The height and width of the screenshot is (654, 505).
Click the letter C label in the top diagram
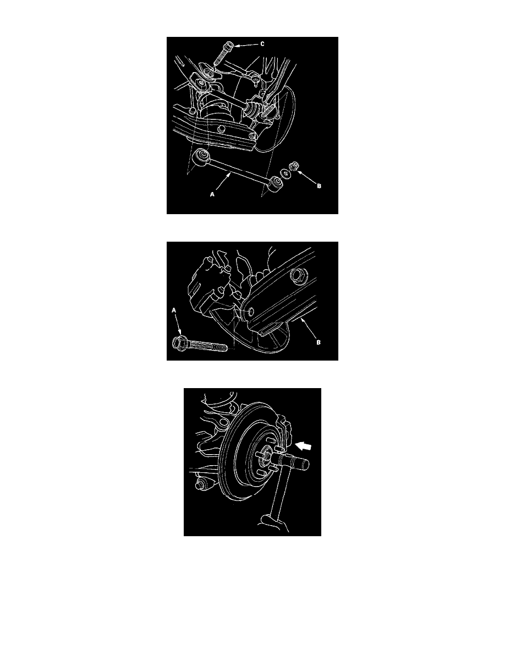[x=262, y=44]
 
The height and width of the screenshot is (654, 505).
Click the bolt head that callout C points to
[x=229, y=46]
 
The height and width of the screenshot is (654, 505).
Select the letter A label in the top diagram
[x=212, y=194]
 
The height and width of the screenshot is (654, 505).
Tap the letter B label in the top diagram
[x=319, y=186]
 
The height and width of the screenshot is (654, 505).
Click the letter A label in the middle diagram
[x=174, y=310]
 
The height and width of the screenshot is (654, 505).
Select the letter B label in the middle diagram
[x=319, y=342]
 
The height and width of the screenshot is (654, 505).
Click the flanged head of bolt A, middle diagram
[x=179, y=343]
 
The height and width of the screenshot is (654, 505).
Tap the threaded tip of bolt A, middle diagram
[x=224, y=347]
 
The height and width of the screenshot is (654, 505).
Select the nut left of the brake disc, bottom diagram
[x=200, y=485]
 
